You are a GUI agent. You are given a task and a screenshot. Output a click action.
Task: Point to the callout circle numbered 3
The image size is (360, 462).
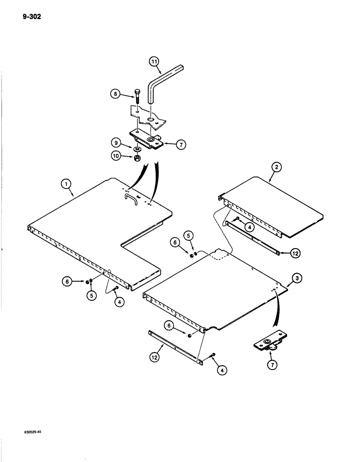tap(298, 278)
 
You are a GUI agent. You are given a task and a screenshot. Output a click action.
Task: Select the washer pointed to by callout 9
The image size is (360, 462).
tap(138, 149)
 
